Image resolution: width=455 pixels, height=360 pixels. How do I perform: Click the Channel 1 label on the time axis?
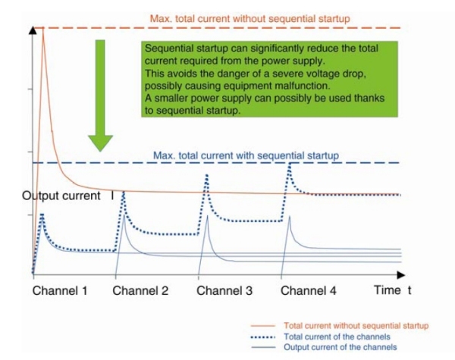coord(60,291)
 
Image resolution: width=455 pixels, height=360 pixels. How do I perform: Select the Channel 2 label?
coord(140,291)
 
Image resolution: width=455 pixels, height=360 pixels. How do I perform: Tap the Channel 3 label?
coord(224,291)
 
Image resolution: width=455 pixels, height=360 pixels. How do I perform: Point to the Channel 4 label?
coord(309,291)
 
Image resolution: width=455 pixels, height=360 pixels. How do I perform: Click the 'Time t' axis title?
coord(393,290)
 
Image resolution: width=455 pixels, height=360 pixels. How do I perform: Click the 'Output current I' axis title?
coord(68,196)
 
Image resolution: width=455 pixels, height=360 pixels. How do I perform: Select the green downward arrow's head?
coord(100,143)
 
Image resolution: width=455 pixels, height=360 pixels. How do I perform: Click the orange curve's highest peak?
coord(43,28)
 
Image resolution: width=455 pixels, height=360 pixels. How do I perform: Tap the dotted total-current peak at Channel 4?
coord(290,164)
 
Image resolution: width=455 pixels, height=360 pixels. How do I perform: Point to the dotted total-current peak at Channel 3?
coord(206,175)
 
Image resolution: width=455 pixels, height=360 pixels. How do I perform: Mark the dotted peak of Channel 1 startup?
coord(42,215)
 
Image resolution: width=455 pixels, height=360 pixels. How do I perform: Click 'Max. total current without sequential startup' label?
coord(249,19)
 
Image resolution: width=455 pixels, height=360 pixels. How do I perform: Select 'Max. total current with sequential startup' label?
coord(246,155)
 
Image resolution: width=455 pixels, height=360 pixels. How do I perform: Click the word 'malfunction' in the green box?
coord(300,86)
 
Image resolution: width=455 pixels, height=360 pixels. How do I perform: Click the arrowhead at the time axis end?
coord(400,274)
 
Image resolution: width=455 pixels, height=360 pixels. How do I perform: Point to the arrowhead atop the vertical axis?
coord(33,30)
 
